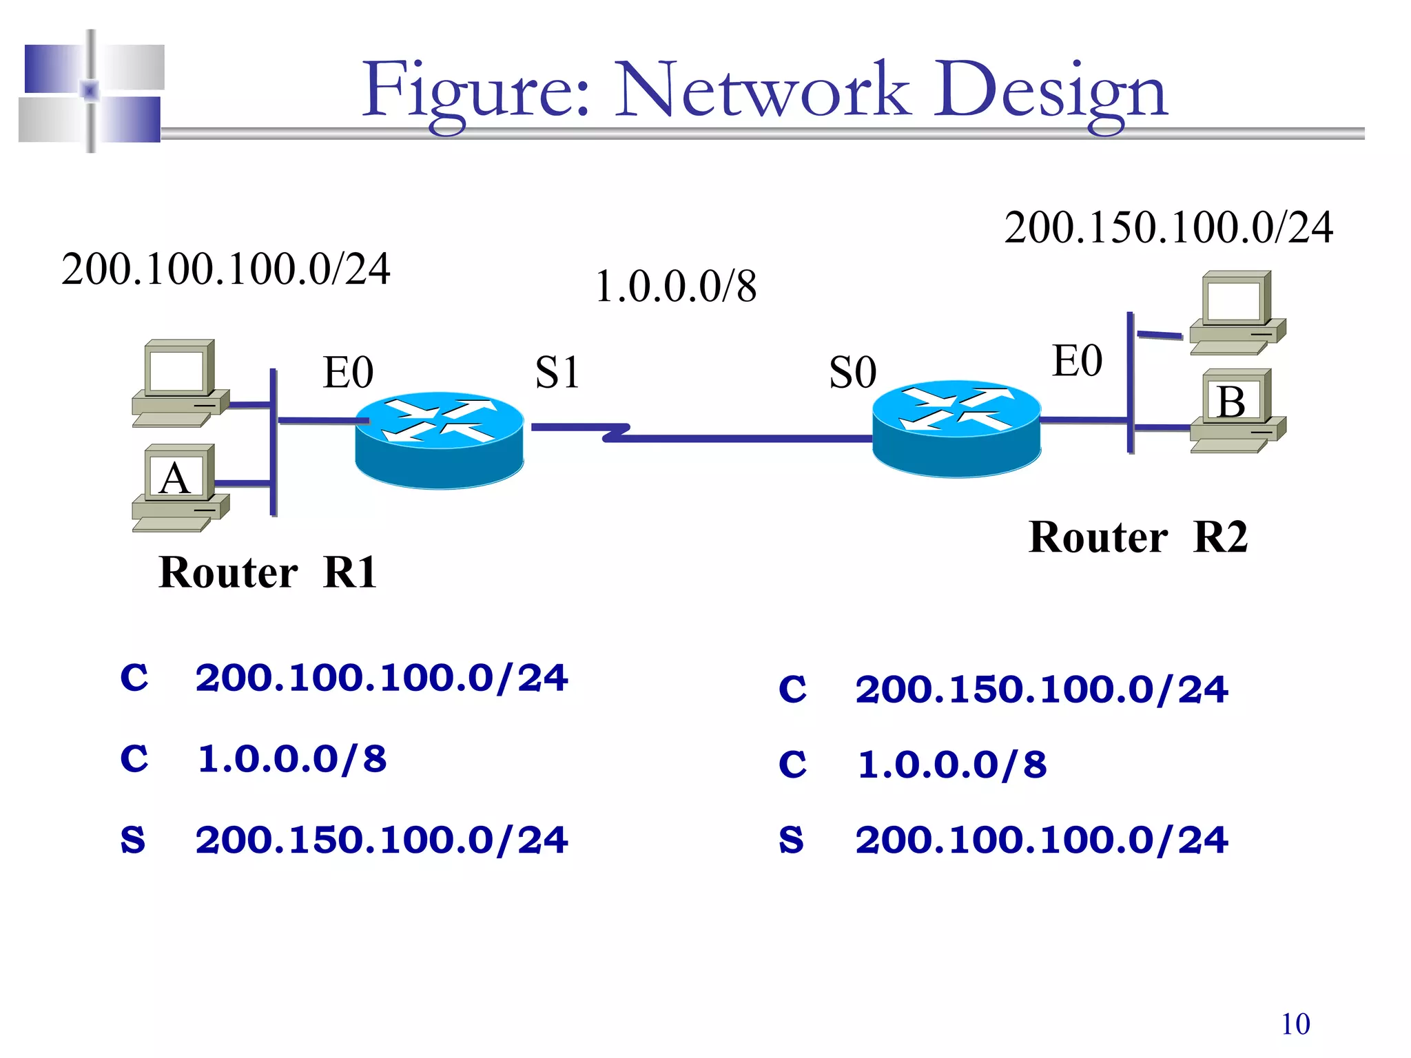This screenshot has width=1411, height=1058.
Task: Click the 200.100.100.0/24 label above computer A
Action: (226, 269)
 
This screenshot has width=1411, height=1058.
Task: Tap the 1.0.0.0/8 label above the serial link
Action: (675, 287)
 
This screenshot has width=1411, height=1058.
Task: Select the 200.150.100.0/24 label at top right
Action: (1168, 228)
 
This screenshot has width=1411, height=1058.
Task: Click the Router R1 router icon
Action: (439, 441)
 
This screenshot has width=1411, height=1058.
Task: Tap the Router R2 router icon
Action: (956, 428)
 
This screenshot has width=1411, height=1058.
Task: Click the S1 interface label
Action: (557, 373)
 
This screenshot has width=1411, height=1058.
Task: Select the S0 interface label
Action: (853, 373)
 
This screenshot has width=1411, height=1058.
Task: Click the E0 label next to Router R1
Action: (348, 373)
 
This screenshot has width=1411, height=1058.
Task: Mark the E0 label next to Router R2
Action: (1077, 361)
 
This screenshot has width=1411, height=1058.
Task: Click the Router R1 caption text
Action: (267, 572)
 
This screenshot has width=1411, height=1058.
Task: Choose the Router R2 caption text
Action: (1137, 537)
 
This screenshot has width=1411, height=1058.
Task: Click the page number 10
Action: (1295, 1024)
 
